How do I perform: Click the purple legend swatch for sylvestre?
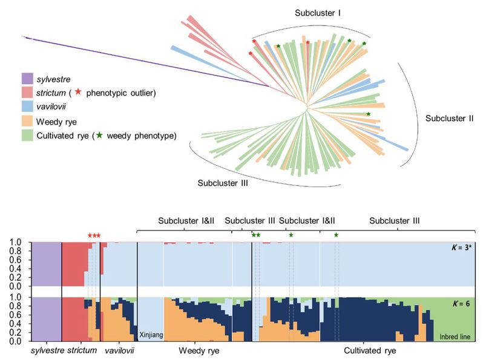pyautogui.click(x=27, y=78)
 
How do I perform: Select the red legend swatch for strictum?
pyautogui.click(x=27, y=93)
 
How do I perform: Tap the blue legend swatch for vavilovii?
pyautogui.click(x=27, y=107)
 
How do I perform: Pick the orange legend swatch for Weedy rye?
pyautogui.click(x=27, y=122)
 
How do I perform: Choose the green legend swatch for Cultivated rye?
pyautogui.click(x=27, y=136)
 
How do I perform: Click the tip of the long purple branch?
pyautogui.click(x=24, y=38)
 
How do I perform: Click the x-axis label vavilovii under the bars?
pyautogui.click(x=119, y=350)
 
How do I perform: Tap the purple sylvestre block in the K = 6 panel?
pyautogui.click(x=46, y=319)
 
